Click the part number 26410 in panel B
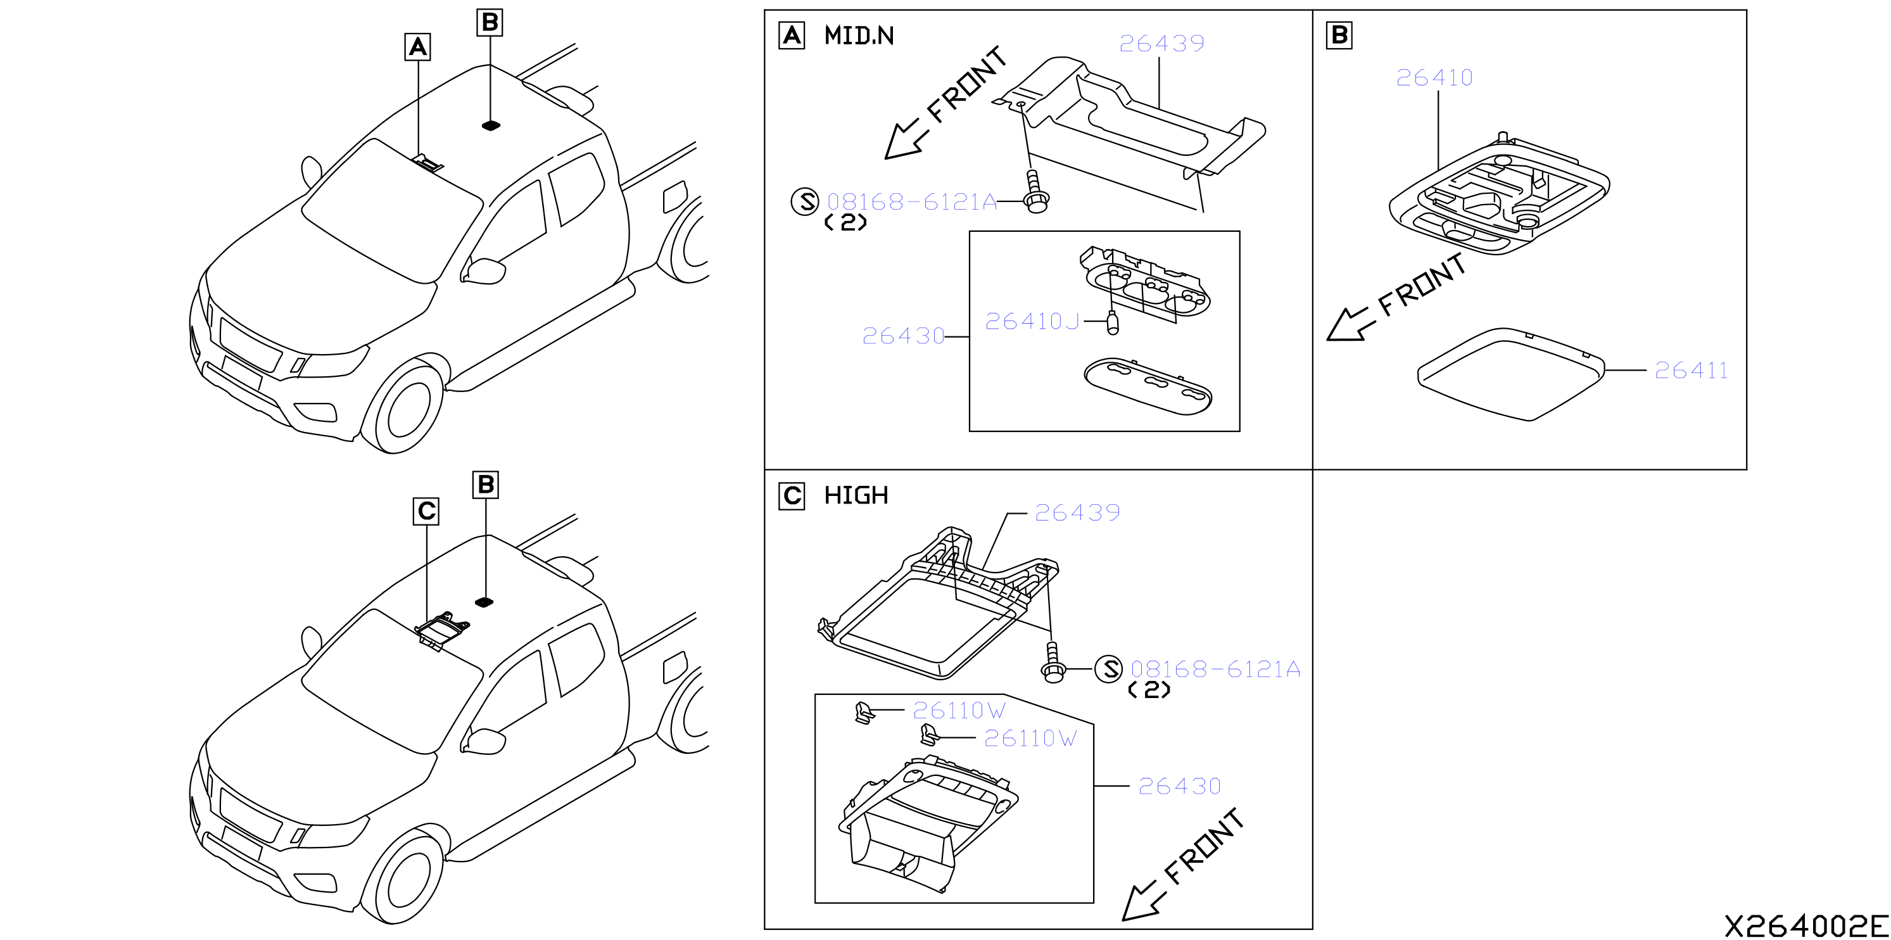pos(1434,78)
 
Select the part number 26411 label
pos(1691,371)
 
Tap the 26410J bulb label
pos(1032,322)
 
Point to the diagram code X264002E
pos(1805,926)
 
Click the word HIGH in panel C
pos(856,496)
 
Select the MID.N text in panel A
pos(859,35)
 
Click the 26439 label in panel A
pos(1161,43)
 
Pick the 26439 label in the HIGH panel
pos(1077,512)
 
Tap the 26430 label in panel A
pos(903,336)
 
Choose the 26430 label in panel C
pos(1180,787)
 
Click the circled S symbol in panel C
pos(1109,669)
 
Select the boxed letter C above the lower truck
pos(426,511)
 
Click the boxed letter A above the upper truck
pos(418,47)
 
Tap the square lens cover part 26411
pos(1512,374)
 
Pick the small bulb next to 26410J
pos(1112,323)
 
